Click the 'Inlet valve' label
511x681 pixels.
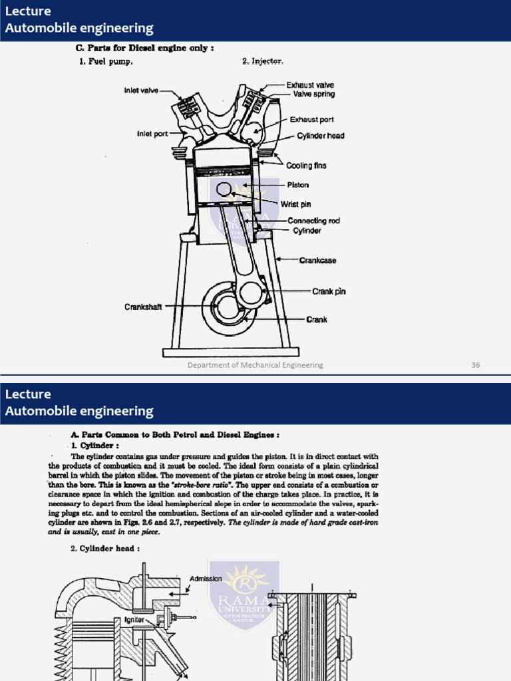click(141, 90)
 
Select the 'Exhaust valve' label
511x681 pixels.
click(310, 85)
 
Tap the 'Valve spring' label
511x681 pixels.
click(314, 94)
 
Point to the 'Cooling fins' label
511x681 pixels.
click(307, 166)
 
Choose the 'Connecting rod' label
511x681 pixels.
click(313, 221)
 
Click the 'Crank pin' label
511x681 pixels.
click(329, 291)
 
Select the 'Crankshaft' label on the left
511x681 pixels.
click(143, 307)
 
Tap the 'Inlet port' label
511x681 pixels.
click(152, 134)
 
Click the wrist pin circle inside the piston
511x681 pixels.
click(224, 190)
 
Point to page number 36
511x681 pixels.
click(475, 365)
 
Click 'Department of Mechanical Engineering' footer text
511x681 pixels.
click(255, 365)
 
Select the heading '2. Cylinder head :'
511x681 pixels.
click(105, 549)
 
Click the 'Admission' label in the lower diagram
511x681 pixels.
click(206, 579)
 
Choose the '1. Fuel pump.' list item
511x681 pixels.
click(106, 61)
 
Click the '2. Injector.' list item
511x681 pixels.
click(263, 61)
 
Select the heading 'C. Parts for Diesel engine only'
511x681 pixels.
click(144, 48)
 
